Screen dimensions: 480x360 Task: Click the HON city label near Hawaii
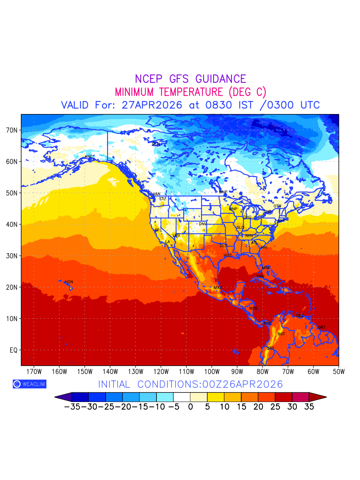[69, 282]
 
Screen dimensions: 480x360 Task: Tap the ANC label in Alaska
[88, 156]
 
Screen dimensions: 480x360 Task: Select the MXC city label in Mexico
[218, 288]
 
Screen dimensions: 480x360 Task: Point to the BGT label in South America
[281, 334]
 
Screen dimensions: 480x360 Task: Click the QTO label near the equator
[270, 348]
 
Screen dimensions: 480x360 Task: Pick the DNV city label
[203, 224]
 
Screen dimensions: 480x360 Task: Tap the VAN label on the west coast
[156, 194]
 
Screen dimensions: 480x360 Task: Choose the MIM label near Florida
[266, 268]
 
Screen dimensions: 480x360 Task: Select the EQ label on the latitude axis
[13, 350]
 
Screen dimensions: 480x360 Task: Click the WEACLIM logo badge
[29, 384]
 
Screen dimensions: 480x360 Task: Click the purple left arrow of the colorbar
[63, 397]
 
